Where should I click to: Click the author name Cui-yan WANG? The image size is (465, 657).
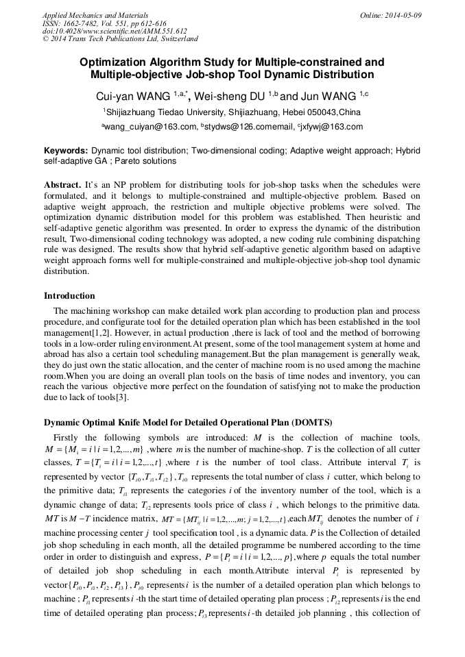point(134,95)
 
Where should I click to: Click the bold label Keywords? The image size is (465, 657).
point(66,150)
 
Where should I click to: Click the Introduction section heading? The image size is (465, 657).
point(69,296)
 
